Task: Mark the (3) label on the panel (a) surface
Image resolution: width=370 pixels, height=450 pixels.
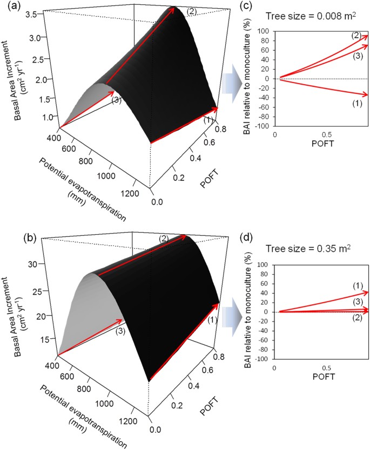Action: point(115,100)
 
